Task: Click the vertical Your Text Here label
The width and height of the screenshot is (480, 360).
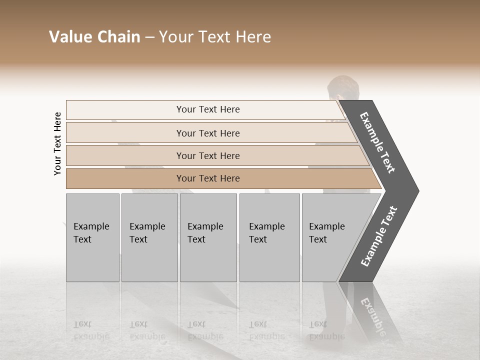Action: coord(57,143)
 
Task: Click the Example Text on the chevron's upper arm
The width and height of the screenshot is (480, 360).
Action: coord(377,142)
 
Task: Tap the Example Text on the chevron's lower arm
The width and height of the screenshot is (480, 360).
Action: coord(378,236)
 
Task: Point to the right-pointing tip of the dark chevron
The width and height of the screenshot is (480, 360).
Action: coord(416,190)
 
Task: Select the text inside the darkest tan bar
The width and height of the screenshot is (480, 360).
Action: coord(208,178)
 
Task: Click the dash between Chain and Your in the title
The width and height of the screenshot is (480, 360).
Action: coord(149,37)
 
